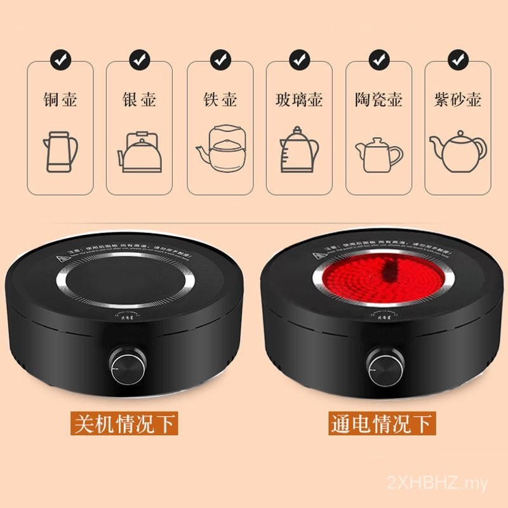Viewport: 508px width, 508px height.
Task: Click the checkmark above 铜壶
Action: point(60,61)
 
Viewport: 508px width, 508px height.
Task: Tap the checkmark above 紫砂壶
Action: point(457,61)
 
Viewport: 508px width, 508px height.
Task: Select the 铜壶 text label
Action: point(60,100)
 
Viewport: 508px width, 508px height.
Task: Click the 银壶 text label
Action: point(139,100)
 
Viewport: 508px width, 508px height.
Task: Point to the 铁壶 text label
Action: point(220,100)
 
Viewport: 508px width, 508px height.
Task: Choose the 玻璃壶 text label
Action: point(298,100)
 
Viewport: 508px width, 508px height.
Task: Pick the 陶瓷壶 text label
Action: point(378,100)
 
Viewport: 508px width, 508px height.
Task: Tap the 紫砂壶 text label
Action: point(457,100)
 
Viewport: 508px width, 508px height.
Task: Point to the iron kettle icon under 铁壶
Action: point(220,149)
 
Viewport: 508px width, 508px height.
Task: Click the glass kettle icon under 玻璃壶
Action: point(298,151)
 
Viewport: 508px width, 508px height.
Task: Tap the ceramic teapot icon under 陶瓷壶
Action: point(379,154)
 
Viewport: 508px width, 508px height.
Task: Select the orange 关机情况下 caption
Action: point(124,424)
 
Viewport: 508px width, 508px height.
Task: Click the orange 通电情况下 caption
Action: point(382,424)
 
